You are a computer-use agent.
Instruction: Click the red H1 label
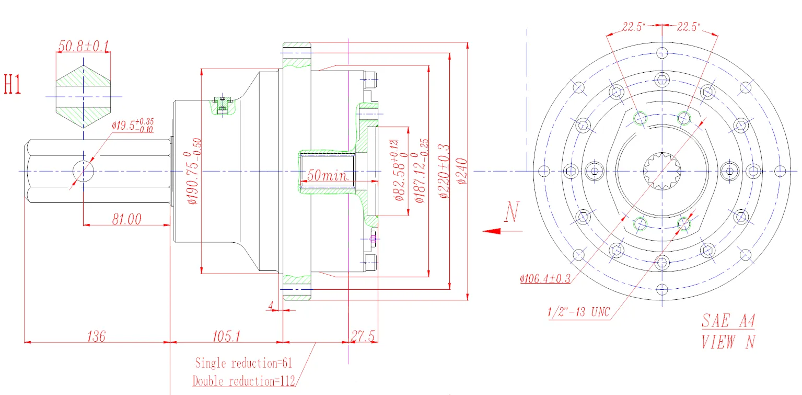point(13,84)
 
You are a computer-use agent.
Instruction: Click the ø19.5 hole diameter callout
point(133,126)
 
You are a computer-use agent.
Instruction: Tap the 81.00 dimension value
point(126,219)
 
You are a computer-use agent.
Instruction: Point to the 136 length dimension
point(97,336)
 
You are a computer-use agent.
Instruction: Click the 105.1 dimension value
point(226,336)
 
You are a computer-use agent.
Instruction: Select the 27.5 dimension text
point(363,336)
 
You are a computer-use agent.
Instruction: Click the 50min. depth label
point(327,175)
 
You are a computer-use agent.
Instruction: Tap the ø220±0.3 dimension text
point(444,171)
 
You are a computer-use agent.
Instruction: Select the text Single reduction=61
point(244,362)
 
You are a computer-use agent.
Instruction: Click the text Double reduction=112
point(244,380)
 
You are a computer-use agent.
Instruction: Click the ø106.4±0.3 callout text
point(545,278)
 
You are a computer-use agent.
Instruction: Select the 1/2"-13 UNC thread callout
point(579,312)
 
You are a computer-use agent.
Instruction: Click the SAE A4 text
point(728,321)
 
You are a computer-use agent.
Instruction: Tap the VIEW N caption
point(728,342)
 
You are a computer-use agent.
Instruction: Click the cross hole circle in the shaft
point(83,171)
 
